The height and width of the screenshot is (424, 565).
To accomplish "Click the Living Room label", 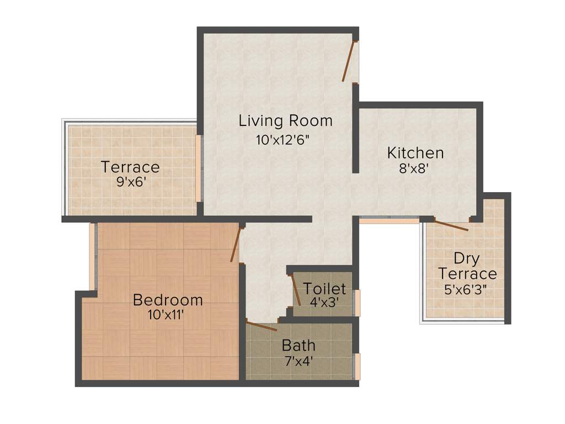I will (285, 120).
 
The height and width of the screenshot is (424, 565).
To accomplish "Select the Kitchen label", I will (415, 152).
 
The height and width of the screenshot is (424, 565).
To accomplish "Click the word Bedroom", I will (168, 300).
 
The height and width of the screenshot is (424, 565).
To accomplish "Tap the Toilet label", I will (324, 288).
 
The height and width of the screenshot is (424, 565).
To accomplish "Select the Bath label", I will (299, 346).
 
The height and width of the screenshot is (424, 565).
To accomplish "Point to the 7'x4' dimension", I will (298, 362).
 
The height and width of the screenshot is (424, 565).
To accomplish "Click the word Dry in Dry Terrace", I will (466, 258).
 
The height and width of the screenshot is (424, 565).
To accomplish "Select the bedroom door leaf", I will (236, 245).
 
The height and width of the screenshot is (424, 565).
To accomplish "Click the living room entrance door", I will (348, 61).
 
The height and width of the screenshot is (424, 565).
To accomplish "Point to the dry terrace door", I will (451, 225).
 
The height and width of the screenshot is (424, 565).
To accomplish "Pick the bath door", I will (262, 326).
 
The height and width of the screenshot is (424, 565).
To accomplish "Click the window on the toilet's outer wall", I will (357, 303).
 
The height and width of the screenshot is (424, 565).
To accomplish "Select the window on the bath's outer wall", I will (357, 366).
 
